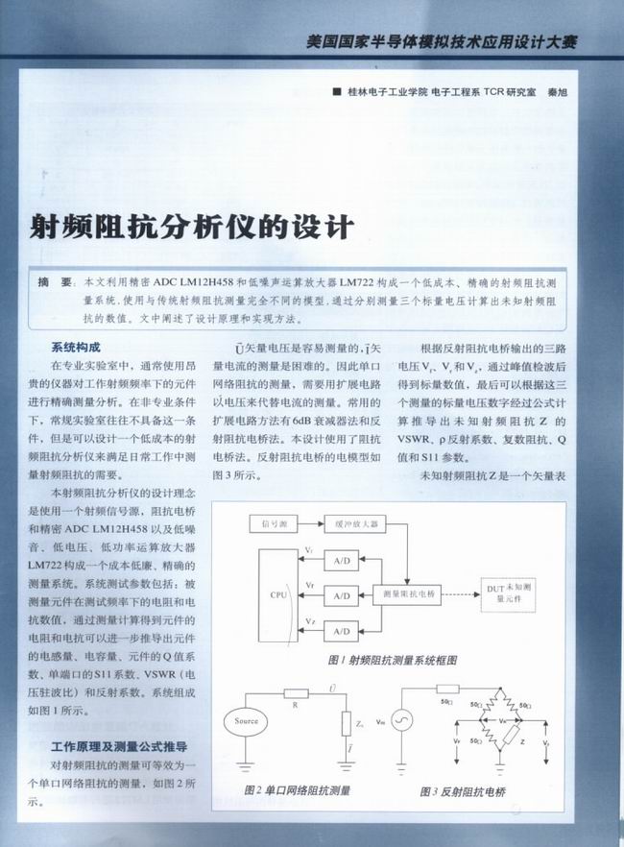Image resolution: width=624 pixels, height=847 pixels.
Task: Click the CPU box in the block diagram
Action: (x=278, y=595)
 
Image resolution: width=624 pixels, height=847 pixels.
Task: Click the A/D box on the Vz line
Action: (x=342, y=629)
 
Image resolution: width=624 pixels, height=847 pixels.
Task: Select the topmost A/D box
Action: (x=342, y=561)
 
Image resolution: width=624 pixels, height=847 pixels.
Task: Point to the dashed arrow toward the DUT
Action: (x=461, y=595)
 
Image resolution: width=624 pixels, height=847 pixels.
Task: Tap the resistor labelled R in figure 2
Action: (x=295, y=692)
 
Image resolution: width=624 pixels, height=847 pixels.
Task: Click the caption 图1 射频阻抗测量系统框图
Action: (x=392, y=661)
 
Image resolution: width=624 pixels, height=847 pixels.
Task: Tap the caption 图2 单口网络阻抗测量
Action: (x=297, y=791)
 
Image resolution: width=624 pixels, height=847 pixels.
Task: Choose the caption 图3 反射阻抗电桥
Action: (x=463, y=791)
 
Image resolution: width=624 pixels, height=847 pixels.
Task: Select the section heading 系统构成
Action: (x=77, y=347)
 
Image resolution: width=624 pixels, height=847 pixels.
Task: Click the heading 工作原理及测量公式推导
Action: (x=119, y=746)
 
